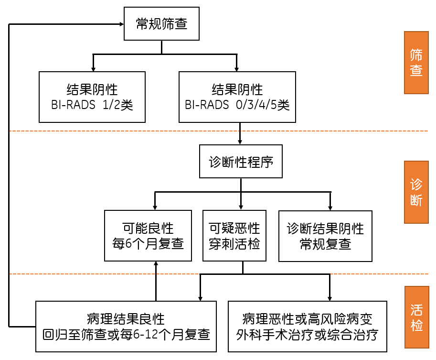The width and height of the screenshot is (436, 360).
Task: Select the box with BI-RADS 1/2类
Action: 92,97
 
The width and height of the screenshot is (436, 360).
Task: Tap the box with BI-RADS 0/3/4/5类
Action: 237,97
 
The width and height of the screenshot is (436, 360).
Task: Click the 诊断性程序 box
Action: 241,162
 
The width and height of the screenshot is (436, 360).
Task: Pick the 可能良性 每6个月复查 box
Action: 149,236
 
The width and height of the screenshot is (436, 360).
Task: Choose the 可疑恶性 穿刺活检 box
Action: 234,236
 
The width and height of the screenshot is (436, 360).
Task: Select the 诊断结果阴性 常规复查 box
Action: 325,236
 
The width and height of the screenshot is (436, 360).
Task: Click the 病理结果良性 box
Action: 126,326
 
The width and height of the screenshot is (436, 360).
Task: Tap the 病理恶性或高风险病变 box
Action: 308,326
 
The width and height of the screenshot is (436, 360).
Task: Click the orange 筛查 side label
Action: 416,63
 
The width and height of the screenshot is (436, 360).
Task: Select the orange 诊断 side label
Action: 416,192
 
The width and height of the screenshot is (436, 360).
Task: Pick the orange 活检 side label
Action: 416,317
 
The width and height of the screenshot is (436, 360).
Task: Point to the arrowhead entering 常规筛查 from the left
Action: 121,23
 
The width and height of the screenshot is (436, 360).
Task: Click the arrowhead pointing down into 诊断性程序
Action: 241,142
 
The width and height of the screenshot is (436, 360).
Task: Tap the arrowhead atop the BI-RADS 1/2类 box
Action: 93,69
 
